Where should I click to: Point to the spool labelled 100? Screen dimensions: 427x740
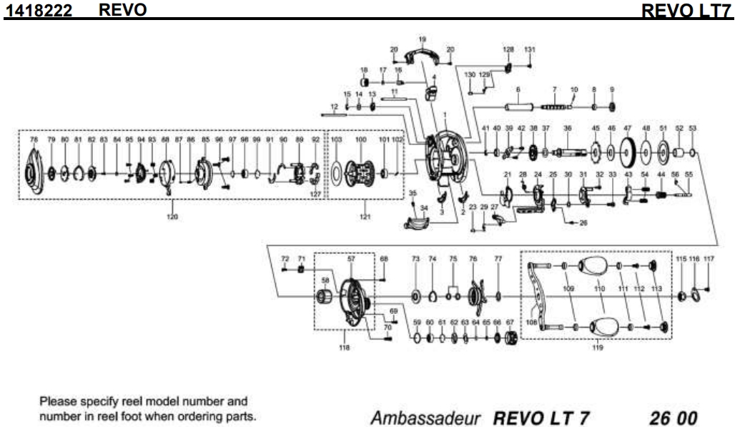(361, 172)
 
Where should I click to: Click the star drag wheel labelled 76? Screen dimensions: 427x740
(473, 293)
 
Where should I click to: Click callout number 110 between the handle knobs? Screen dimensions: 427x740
(599, 288)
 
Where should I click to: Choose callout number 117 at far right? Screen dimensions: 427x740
(709, 258)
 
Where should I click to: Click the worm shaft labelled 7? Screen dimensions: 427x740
(555, 107)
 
